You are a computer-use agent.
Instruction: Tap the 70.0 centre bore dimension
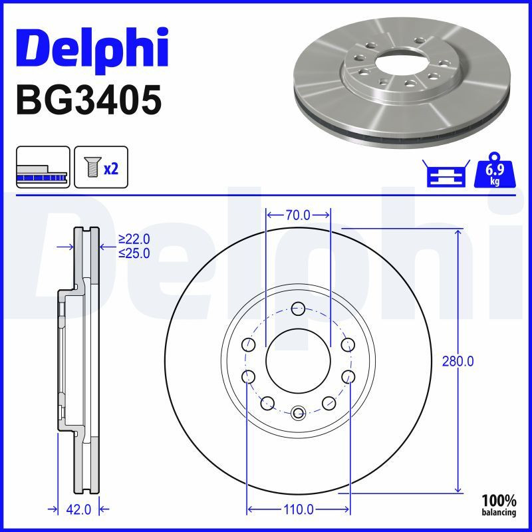tap(298, 215)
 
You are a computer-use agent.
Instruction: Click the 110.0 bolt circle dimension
tap(299, 509)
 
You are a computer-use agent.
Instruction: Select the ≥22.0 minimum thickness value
tap(134, 239)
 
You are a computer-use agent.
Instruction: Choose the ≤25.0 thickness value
tap(134, 253)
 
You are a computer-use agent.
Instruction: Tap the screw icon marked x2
tap(100, 168)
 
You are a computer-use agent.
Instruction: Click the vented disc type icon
tap(43, 168)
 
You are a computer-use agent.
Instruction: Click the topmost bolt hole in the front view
tap(299, 309)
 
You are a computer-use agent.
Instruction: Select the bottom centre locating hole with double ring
tap(299, 412)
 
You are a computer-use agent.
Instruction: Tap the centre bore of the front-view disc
tap(299, 360)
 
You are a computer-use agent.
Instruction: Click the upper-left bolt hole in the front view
tap(249, 344)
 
